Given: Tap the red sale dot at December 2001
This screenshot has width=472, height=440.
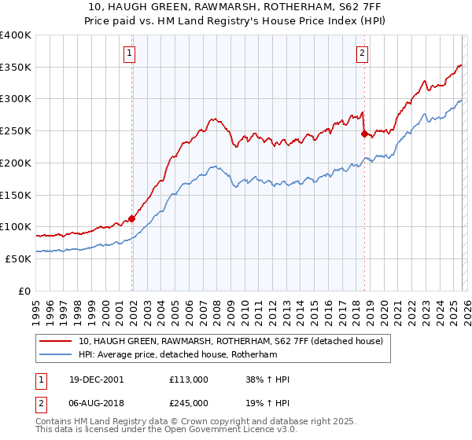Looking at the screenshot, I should (x=131, y=218).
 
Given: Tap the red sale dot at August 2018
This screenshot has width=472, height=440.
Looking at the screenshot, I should (x=363, y=134).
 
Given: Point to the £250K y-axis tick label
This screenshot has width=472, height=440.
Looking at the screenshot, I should (x=15, y=130).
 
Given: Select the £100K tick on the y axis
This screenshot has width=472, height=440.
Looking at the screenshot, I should (x=15, y=226).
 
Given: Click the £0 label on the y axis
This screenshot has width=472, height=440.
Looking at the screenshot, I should (x=25, y=291).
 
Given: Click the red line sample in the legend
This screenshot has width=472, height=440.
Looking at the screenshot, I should (x=56, y=341).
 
